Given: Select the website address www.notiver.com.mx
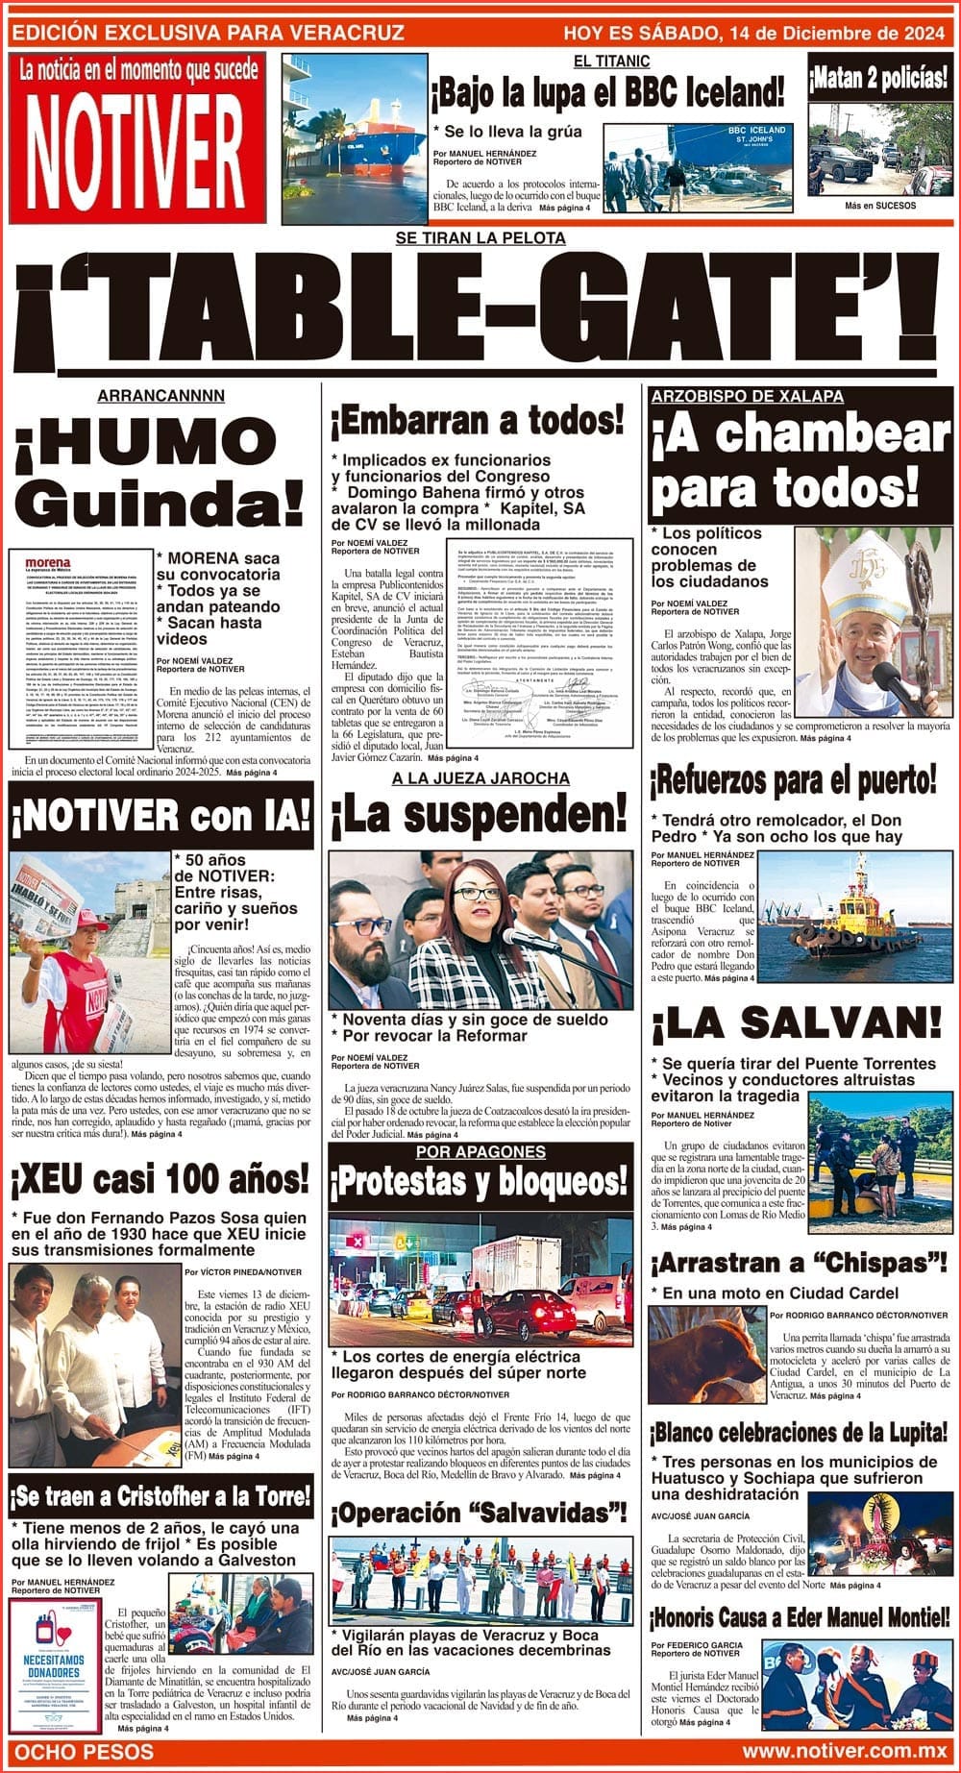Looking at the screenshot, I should pyautogui.click(x=843, y=1752).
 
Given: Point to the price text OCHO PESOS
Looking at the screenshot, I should pyautogui.click(x=85, y=1752).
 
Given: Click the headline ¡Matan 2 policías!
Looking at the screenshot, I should pyautogui.click(x=878, y=80).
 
